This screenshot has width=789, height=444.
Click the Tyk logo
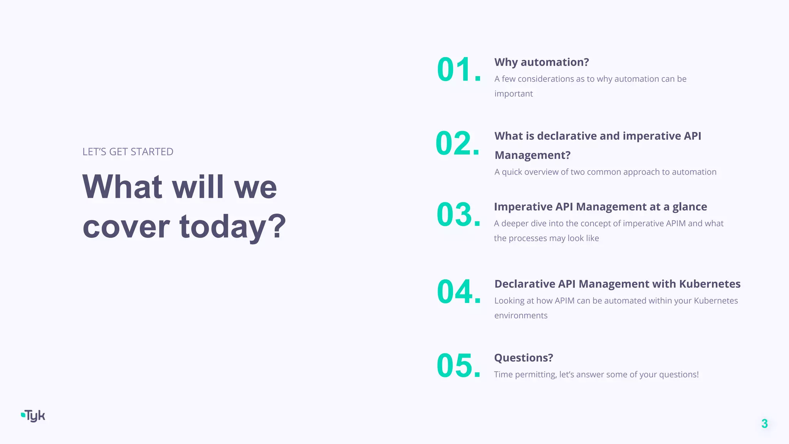click(34, 416)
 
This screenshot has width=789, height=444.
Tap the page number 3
click(764, 424)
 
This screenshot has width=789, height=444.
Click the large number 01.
click(458, 70)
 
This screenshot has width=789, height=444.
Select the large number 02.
click(457, 143)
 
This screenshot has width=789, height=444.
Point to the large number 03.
click(458, 214)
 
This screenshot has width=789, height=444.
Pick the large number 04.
click(458, 292)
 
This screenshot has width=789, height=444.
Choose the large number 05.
click(458, 365)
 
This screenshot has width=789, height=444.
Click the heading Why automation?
click(541, 62)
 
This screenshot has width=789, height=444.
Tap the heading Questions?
click(523, 358)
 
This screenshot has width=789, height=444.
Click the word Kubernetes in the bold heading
click(709, 284)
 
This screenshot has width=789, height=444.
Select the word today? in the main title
click(232, 227)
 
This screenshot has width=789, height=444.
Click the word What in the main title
click(122, 187)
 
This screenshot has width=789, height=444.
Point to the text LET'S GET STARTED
click(128, 152)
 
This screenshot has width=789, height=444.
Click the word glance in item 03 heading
click(689, 207)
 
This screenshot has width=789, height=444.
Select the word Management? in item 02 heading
click(532, 155)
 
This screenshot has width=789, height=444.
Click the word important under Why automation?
click(513, 94)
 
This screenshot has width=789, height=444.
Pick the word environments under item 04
click(520, 316)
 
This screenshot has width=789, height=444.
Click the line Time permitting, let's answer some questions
click(596, 375)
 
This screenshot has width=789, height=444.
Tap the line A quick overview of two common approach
click(605, 172)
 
